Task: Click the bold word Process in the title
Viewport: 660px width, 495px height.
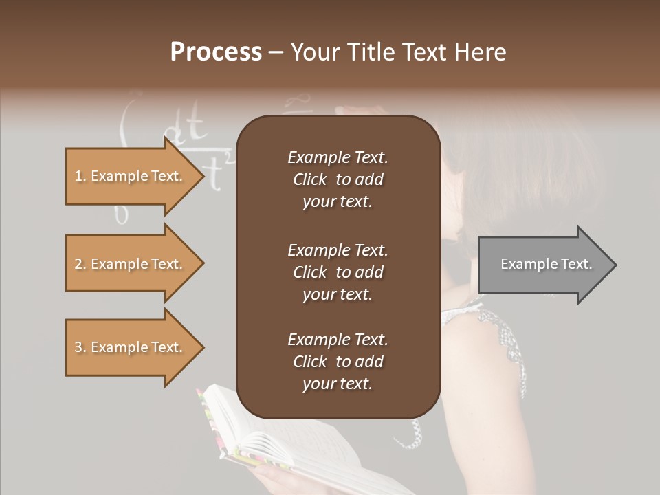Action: [216, 52]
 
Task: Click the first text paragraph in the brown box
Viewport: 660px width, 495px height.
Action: [338, 179]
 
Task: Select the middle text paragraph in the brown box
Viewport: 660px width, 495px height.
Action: [338, 272]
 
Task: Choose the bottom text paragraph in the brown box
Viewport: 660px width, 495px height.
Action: [338, 362]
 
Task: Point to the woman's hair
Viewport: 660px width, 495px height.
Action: [522, 158]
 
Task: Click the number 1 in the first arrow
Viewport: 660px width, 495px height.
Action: [78, 176]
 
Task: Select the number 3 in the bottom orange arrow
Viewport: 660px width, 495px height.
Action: [78, 347]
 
